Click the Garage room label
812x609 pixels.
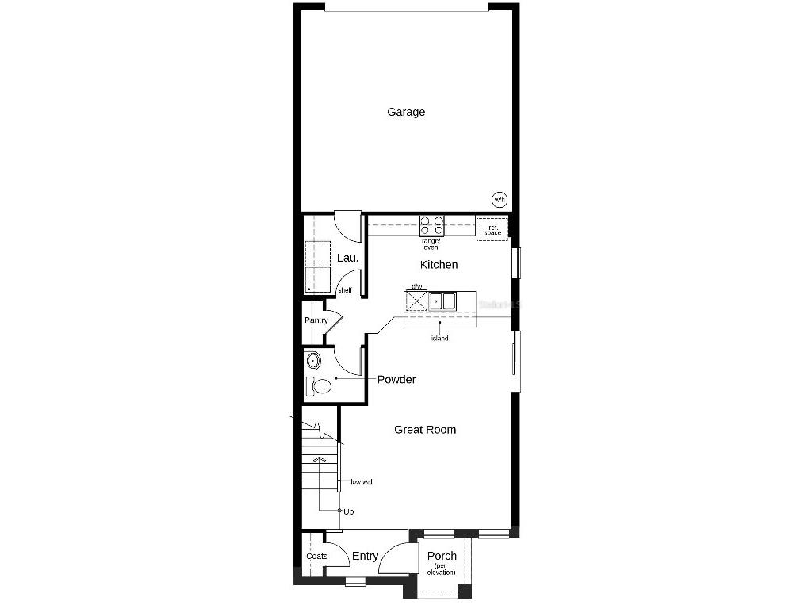tap(406, 112)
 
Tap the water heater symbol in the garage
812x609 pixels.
tap(500, 199)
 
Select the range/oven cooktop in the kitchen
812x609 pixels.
tap(431, 225)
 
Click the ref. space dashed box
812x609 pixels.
tap(492, 228)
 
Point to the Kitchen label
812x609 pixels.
tap(439, 264)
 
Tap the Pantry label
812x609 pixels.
tap(316, 320)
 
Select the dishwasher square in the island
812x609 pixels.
tap(416, 301)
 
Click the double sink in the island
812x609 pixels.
tap(442, 301)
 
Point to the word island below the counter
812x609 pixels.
tap(440, 339)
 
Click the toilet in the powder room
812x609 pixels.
tap(320, 387)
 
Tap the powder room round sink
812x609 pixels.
tap(313, 362)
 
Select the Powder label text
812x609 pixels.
tap(396, 379)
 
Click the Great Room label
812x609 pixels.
tap(425, 430)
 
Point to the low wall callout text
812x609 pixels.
tap(362, 481)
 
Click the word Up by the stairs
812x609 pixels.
tap(349, 511)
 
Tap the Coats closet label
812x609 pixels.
tap(317, 556)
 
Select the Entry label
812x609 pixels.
tap(365, 556)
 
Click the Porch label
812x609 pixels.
tap(442, 556)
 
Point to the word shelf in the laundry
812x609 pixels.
tap(345, 290)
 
